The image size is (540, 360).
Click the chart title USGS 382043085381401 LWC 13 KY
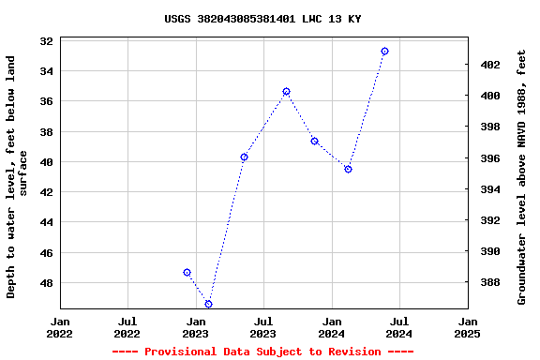coord(262,19)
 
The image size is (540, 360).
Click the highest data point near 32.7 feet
coord(384,51)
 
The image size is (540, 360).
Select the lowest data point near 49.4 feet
coord(208,304)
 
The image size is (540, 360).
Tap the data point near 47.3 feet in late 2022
coord(187,272)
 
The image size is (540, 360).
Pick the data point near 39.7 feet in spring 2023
coord(244,157)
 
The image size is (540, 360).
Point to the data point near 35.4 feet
coord(286,91)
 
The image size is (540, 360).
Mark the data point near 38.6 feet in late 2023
coord(314,141)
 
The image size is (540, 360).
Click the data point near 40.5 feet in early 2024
coord(348,169)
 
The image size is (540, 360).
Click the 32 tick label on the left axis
coord(46,40)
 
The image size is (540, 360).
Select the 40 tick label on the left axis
coord(46,161)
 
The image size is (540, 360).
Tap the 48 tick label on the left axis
coord(46,283)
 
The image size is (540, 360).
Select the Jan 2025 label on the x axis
coord(467,327)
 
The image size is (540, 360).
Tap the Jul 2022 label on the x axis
coord(127,327)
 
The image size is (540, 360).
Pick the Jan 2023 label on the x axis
coord(195,327)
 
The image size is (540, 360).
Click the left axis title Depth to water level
coord(17,176)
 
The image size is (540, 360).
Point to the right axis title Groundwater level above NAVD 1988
coord(522,176)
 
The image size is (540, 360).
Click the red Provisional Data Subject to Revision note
coord(262,352)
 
